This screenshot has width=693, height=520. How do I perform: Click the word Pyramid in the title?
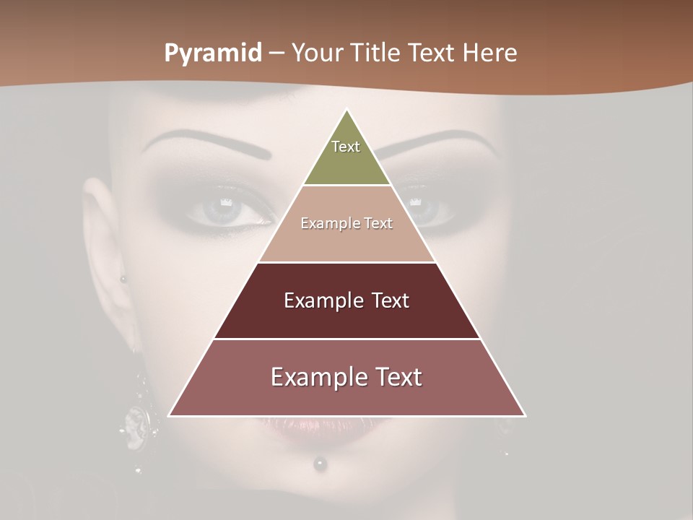click(x=212, y=53)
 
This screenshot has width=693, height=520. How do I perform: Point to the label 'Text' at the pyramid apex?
click(x=346, y=147)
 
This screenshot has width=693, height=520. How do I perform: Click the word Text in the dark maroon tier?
click(x=385, y=300)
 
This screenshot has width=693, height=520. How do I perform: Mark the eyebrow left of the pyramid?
click(x=209, y=142)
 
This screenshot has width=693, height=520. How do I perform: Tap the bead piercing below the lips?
click(x=318, y=464)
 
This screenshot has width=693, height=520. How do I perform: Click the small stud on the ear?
click(x=123, y=279)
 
